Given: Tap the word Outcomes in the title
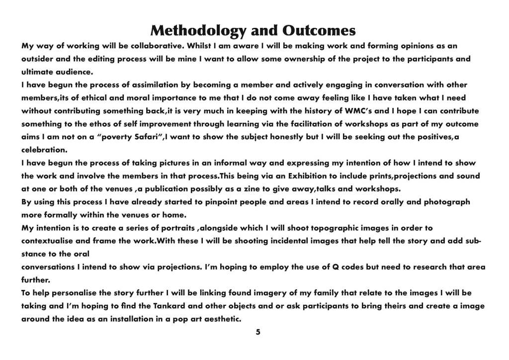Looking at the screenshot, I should coord(319,31).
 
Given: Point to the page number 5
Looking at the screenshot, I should coord(258,332).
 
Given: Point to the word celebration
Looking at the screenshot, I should coord(44,150).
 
